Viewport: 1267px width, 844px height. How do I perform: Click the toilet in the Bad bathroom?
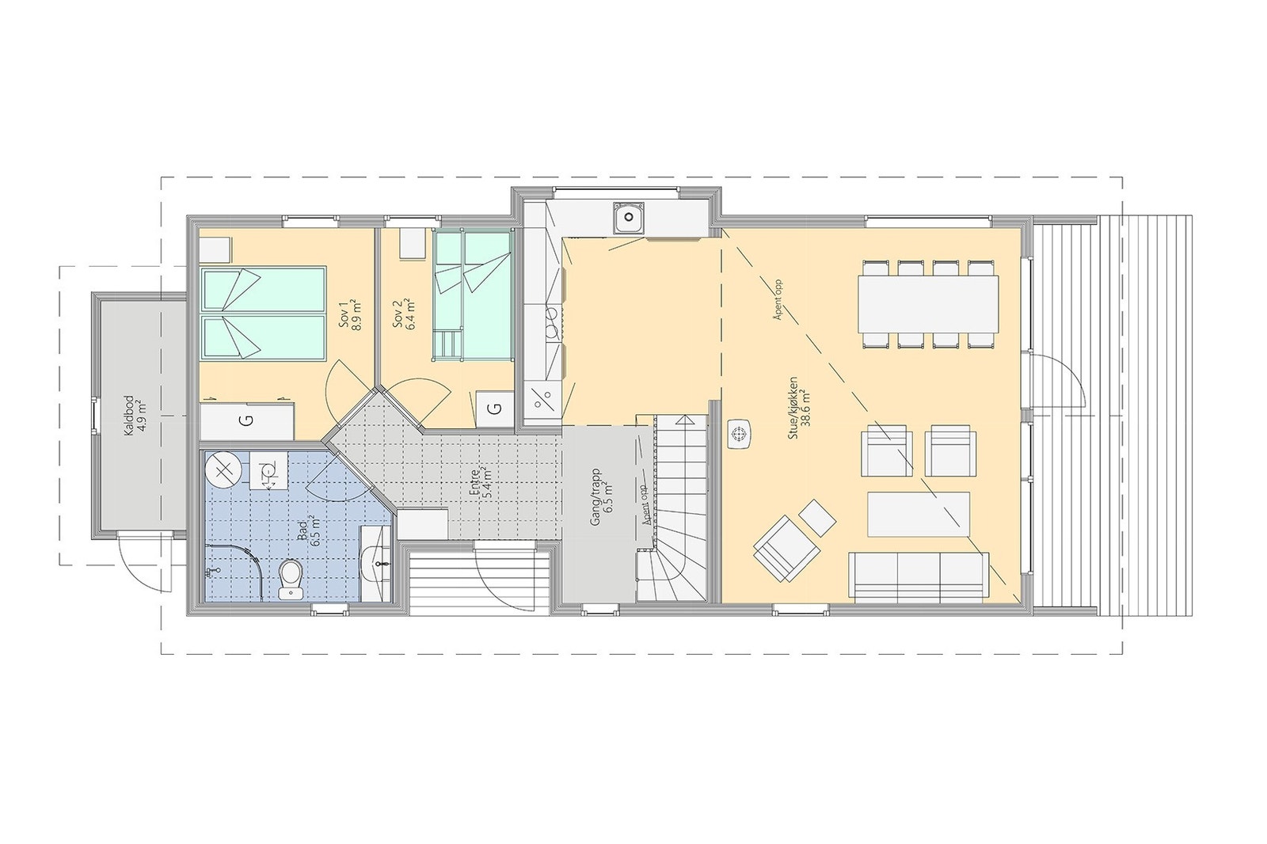(291, 578)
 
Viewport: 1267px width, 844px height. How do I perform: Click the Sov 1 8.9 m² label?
(349, 315)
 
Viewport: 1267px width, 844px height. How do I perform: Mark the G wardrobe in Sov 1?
(246, 421)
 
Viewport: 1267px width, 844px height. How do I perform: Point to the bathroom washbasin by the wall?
(375, 561)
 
